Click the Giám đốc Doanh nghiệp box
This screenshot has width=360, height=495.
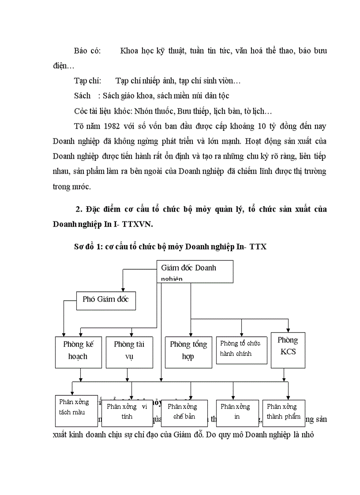pos(195,272)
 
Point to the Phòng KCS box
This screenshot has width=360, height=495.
pos(288,350)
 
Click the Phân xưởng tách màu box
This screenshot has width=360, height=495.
pos(76,409)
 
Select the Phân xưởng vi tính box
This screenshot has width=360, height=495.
pos(127,413)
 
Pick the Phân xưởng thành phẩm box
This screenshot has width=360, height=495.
pos(284,413)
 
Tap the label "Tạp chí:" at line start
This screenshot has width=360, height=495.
pos(88,81)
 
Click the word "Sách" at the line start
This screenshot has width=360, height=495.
pos(82,96)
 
